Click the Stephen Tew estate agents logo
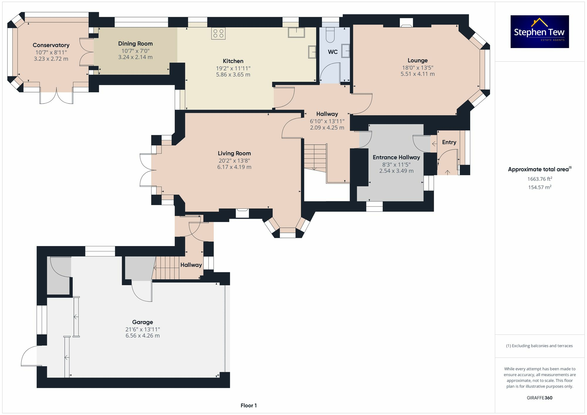point(539,32)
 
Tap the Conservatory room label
point(51,45)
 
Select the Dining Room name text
point(135,44)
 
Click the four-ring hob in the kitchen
point(218,33)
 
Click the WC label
point(333,52)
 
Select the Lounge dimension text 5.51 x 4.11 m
point(417,74)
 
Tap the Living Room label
point(234,153)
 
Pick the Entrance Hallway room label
point(396,157)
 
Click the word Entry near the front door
point(449,142)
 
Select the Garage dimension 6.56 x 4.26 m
point(143,336)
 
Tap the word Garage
point(143,322)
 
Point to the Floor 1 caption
point(249,406)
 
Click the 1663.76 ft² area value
point(539,179)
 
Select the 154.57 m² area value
point(539,187)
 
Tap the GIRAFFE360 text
point(539,398)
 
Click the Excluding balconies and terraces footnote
point(539,346)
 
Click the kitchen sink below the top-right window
point(296,33)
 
